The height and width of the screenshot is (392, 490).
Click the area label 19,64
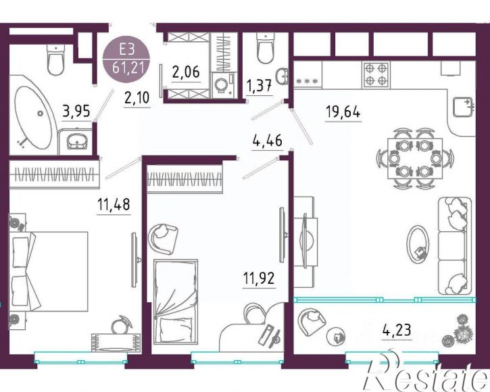(343, 112)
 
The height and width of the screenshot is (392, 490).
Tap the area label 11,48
(114, 204)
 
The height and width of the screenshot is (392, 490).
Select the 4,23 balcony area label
(397, 329)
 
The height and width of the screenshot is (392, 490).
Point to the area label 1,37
(259, 86)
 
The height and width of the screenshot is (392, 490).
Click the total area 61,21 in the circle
(128, 67)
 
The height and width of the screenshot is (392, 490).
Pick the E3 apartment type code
(126, 49)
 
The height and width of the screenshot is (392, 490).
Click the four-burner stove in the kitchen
(376, 75)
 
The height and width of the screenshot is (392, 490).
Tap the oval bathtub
(33, 117)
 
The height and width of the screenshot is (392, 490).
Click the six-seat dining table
(415, 158)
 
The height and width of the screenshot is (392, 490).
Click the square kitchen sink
(463, 107)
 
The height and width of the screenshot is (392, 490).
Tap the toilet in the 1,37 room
(266, 49)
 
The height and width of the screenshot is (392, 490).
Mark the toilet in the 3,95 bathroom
(56, 59)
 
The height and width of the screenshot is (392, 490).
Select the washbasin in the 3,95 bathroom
(77, 142)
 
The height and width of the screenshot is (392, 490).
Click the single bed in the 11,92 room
(176, 302)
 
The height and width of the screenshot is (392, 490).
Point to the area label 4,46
(267, 141)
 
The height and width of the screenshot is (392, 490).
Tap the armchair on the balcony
(312, 321)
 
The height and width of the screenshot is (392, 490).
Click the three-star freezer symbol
(308, 82)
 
